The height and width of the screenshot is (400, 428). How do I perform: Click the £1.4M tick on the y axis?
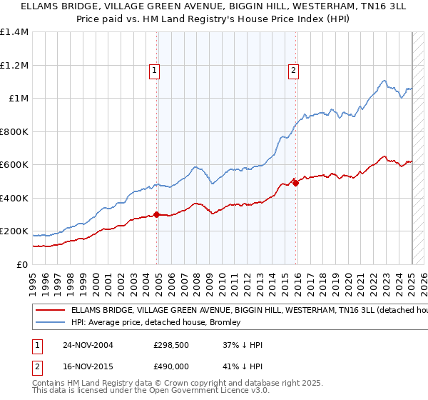point(14,32)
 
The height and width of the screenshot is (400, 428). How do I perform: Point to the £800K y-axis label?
point(14,131)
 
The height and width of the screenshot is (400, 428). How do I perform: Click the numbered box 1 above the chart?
point(154,70)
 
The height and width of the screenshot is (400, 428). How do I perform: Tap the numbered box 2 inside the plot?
point(293,70)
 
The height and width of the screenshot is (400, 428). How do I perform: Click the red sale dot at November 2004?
point(156,214)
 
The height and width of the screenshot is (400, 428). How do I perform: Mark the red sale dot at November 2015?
point(295,183)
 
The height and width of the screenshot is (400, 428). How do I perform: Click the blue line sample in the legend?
point(50,323)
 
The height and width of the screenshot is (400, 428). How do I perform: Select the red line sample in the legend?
point(50,311)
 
